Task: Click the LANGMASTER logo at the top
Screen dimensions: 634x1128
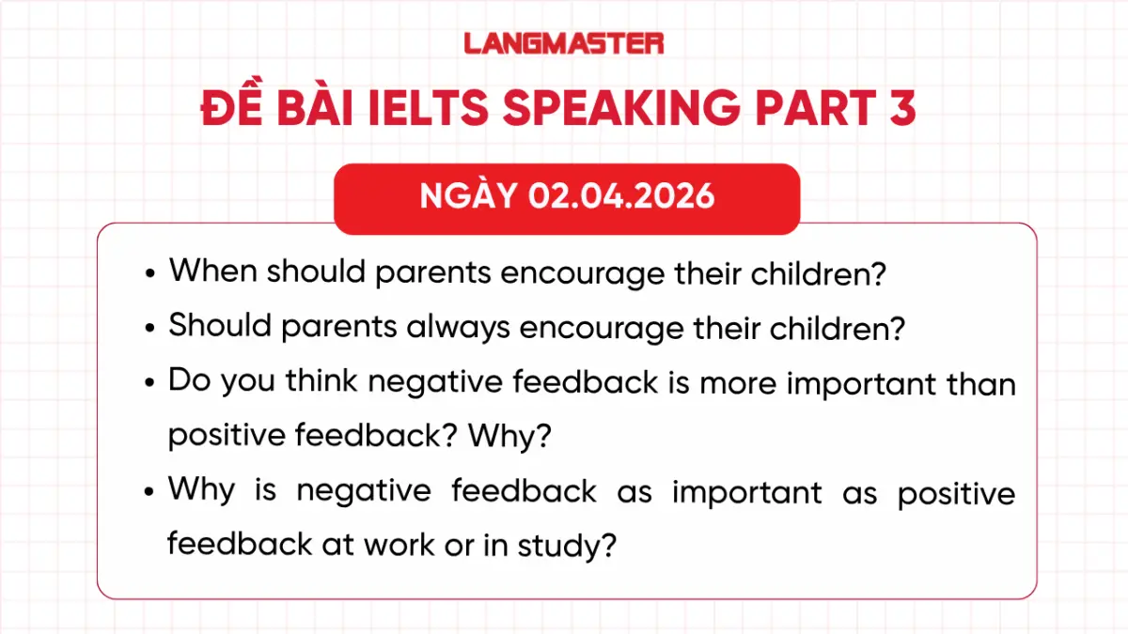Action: pyautogui.click(x=564, y=42)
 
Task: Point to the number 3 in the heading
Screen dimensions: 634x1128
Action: pyautogui.click(x=900, y=110)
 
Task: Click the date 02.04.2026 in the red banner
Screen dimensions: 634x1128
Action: pyautogui.click(x=621, y=196)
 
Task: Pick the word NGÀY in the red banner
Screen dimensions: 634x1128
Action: pyautogui.click(x=469, y=196)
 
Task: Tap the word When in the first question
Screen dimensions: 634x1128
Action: pyautogui.click(x=213, y=271)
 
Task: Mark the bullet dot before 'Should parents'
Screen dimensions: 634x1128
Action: pyautogui.click(x=150, y=328)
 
